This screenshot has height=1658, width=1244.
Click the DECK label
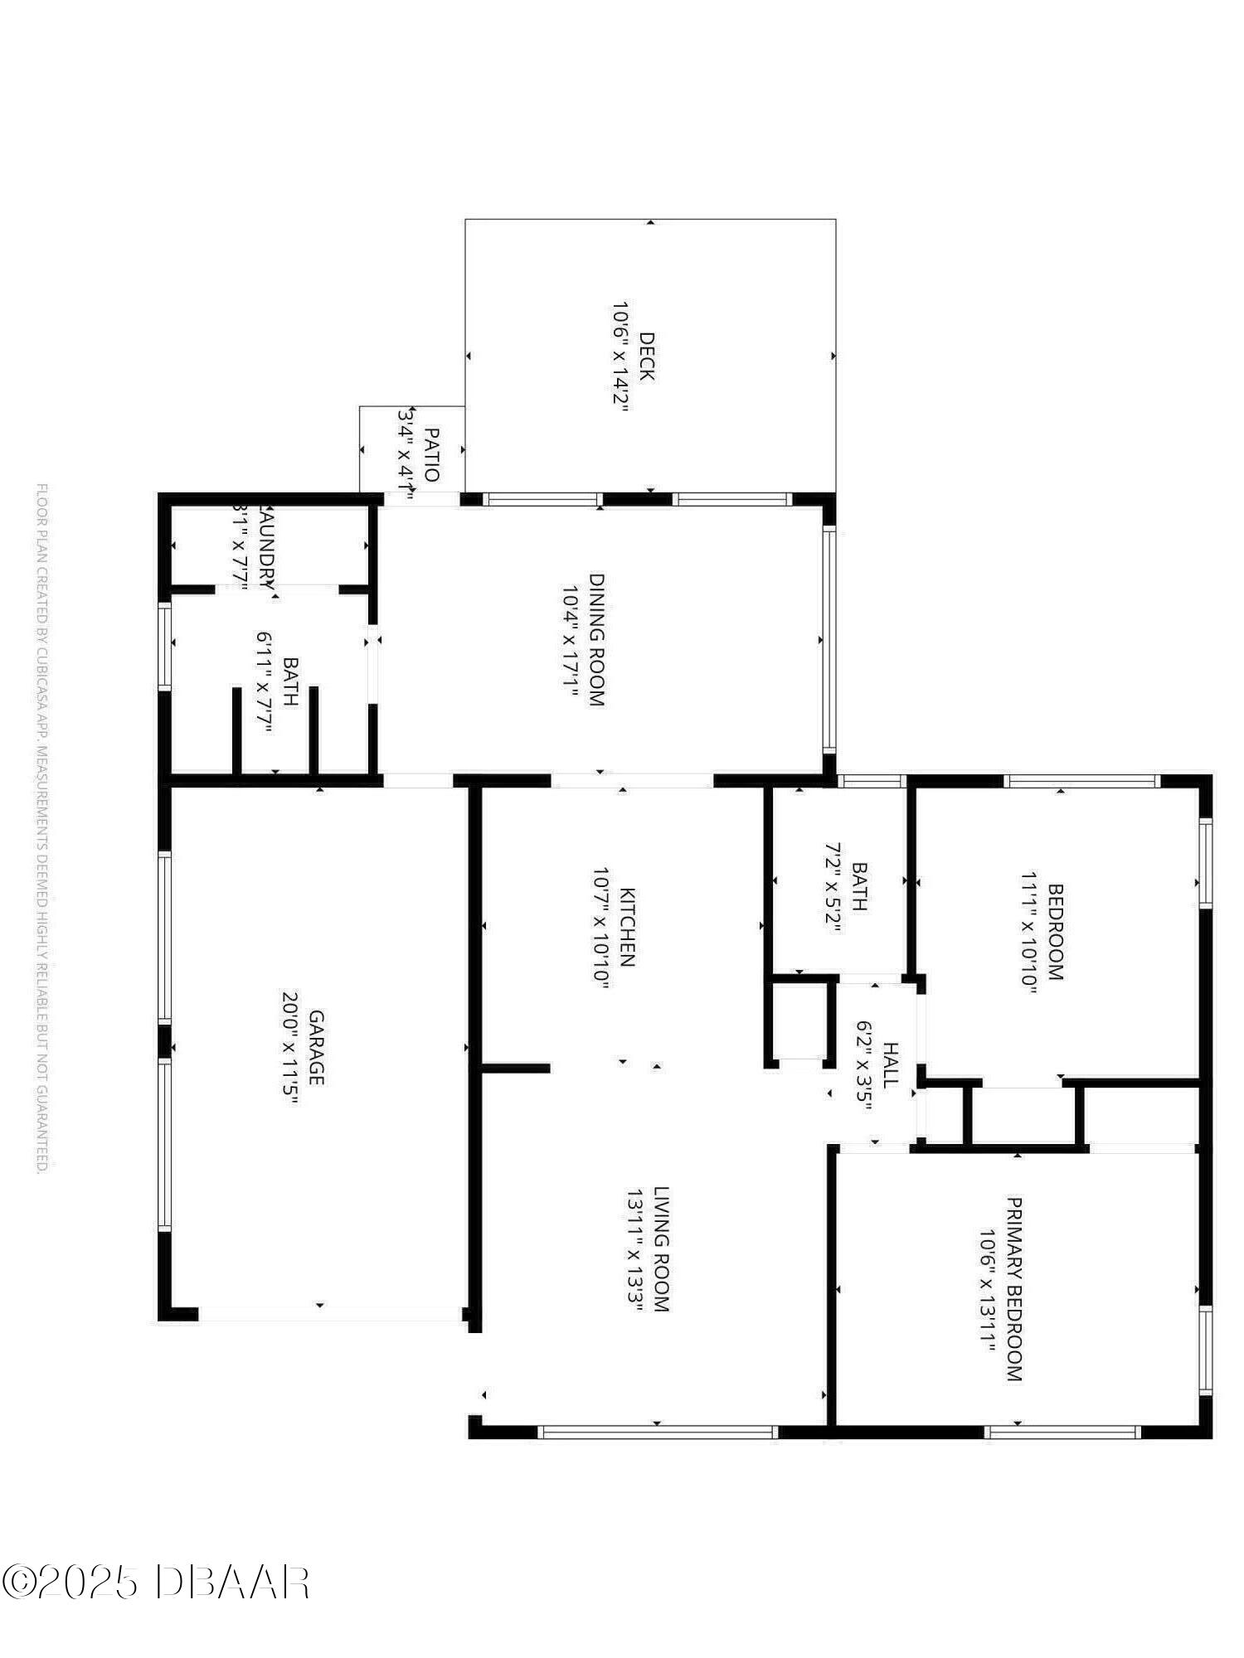[647, 356]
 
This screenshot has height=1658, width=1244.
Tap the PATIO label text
[431, 453]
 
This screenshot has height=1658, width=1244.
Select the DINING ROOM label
[597, 639]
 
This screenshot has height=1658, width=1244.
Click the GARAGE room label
[316, 1047]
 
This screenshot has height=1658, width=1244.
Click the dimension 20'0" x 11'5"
[289, 1048]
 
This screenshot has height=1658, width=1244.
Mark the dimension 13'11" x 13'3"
[634, 1250]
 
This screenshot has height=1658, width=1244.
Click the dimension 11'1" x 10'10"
[1029, 931]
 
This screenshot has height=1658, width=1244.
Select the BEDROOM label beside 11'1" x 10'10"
[1056, 932]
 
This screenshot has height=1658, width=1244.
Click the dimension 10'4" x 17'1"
[570, 639]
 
